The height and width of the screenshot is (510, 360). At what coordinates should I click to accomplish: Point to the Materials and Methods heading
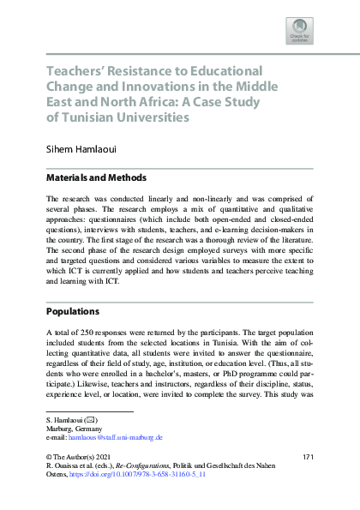point(96,178)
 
